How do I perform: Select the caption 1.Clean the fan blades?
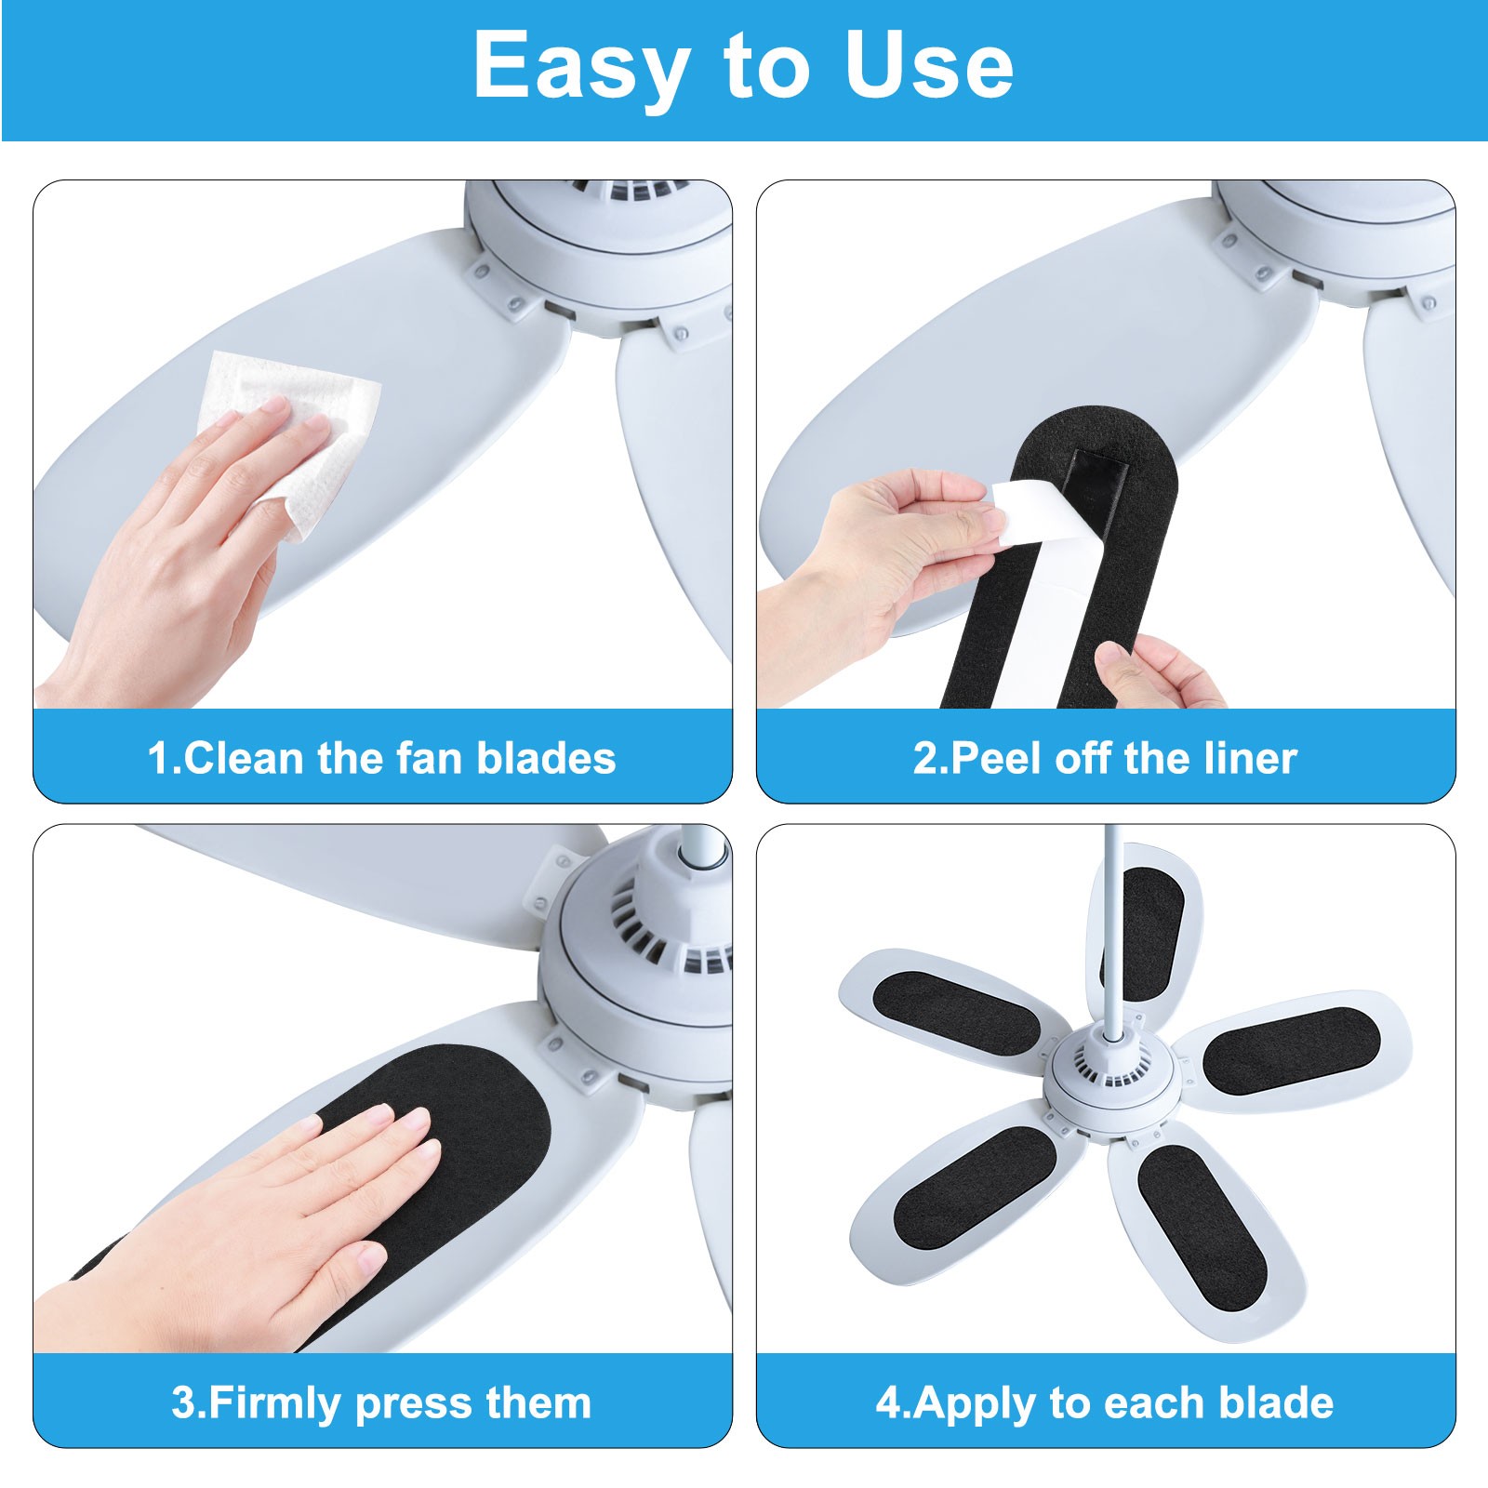pos(381,758)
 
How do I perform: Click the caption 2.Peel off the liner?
pos(1105,758)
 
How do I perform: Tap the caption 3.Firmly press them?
pos(381,1402)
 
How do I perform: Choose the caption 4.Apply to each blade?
pos(1105,1402)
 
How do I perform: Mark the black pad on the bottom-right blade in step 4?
pos(1200,1214)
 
